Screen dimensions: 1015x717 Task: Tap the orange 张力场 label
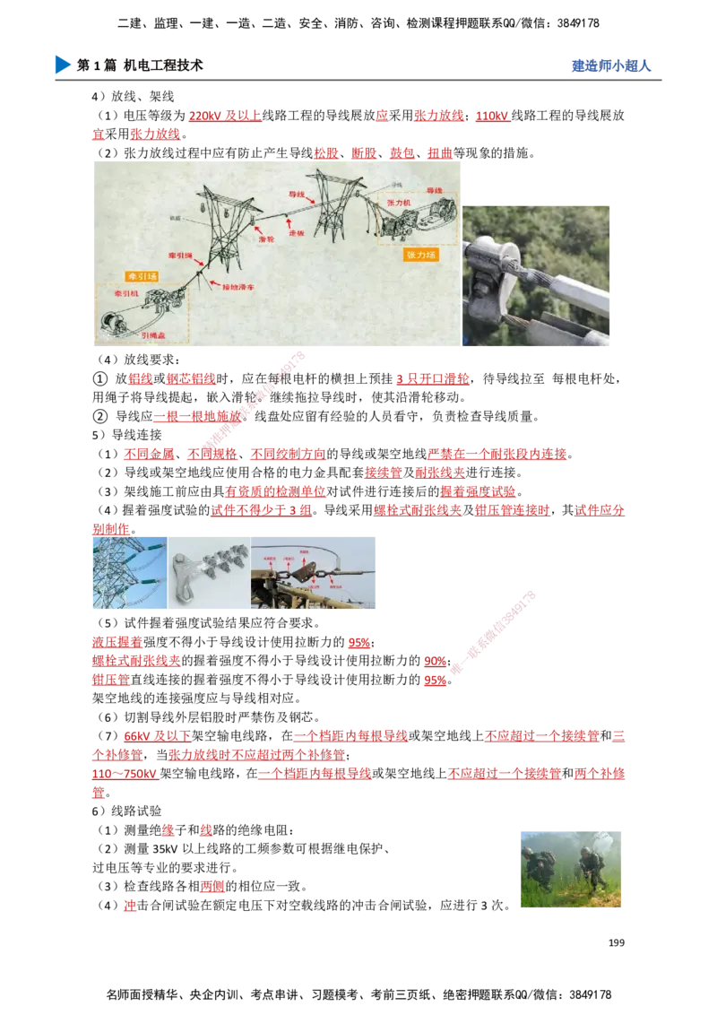[421, 255]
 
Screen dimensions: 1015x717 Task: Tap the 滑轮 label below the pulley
[265, 239]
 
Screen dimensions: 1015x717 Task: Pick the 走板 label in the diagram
[306, 231]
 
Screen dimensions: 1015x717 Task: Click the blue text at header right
[610, 66]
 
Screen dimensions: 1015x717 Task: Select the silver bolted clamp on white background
[209, 571]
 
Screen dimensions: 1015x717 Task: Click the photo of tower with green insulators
[126, 571]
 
